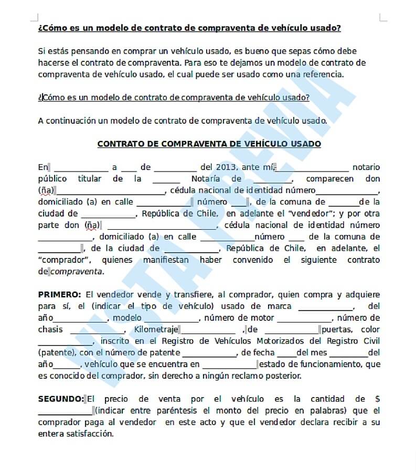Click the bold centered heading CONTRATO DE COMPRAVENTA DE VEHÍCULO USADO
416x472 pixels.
[x=209, y=144]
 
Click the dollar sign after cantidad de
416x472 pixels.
[x=378, y=399]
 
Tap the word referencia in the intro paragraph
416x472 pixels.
[x=321, y=74]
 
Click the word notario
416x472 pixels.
[x=366, y=167]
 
